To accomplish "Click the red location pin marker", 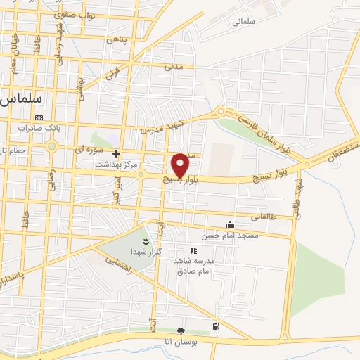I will (x=181, y=165).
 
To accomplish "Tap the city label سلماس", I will (x=19, y=100).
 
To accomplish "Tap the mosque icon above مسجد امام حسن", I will (x=229, y=225).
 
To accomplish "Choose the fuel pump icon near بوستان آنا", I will (x=215, y=326).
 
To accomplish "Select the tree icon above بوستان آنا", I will (x=181, y=330).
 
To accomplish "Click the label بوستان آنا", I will (x=181, y=341).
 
